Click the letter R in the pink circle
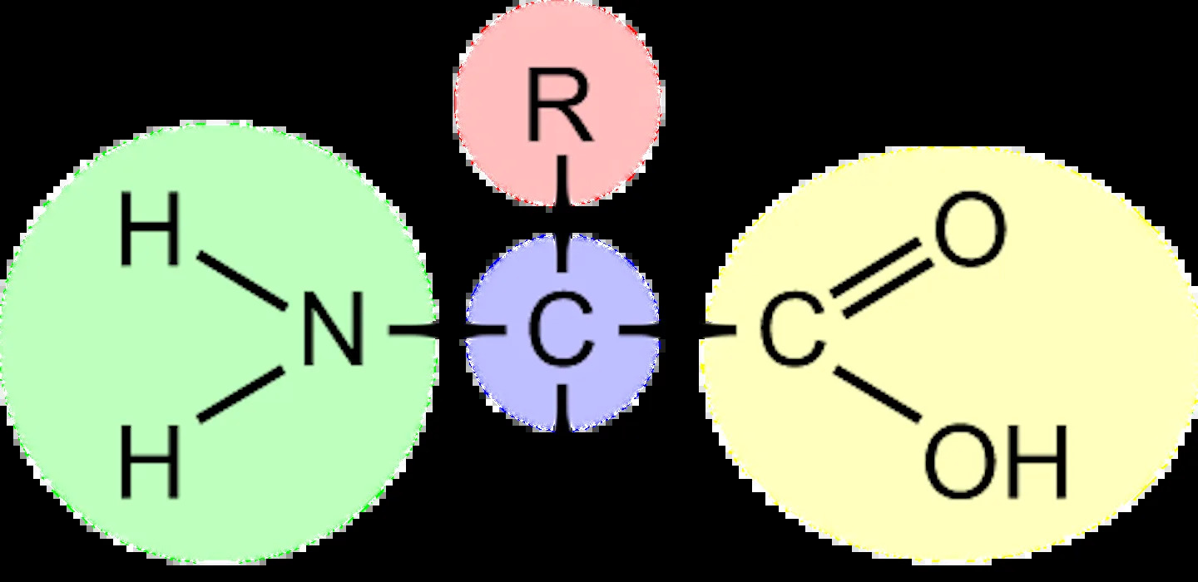[559, 105]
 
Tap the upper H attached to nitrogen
[151, 229]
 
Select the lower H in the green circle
[151, 461]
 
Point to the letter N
[333, 328]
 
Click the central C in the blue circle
[561, 328]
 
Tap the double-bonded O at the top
[970, 229]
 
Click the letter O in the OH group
[961, 461]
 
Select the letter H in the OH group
[1038, 461]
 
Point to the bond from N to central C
[447, 330]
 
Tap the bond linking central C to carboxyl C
[677, 330]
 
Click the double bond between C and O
[881, 278]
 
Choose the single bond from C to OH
[877, 394]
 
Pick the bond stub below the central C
[562, 407]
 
